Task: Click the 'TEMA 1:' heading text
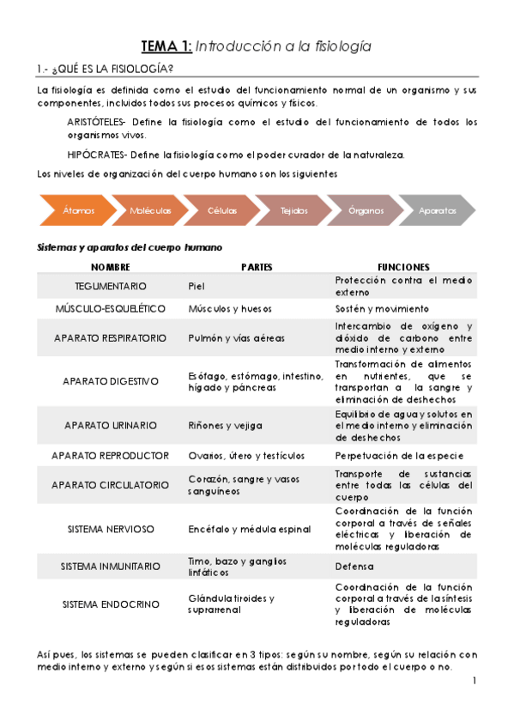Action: click(168, 46)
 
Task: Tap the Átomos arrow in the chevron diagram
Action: click(77, 210)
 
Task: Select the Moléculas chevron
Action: click(150, 210)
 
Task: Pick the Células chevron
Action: click(222, 210)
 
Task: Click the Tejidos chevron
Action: click(294, 210)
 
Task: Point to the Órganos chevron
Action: click(366, 210)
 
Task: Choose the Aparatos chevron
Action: click(438, 210)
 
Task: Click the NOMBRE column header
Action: click(111, 267)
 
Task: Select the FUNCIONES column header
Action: click(403, 267)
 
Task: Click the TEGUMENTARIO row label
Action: click(111, 286)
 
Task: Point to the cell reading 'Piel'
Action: click(197, 286)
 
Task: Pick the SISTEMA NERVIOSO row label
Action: click(111, 530)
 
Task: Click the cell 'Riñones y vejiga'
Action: click(225, 425)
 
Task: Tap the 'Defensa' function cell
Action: click(354, 567)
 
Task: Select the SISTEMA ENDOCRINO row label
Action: click(111, 604)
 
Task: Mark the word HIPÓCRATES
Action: click(94, 155)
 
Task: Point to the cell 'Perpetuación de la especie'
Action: click(399, 455)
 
